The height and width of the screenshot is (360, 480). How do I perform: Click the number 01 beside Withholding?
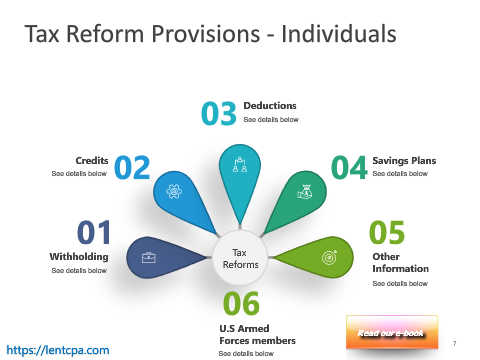[x=94, y=232]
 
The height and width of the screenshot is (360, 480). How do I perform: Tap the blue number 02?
[x=132, y=167]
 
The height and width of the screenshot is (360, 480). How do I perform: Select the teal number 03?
[x=219, y=113]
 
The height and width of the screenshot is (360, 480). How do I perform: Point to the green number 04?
[x=349, y=167]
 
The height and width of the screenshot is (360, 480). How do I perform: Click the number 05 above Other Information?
[x=387, y=232]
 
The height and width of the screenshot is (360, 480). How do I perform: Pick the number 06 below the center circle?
[x=241, y=303]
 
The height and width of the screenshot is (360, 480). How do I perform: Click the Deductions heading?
[x=270, y=106]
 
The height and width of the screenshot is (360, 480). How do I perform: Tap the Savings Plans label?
[x=404, y=161]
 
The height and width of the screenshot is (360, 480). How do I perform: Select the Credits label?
[x=92, y=161]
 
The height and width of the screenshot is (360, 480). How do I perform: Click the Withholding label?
[x=79, y=257]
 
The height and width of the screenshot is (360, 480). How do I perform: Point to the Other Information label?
[x=401, y=263]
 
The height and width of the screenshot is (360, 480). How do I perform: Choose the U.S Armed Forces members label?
[x=257, y=335]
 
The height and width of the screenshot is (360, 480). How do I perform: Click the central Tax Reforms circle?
[x=240, y=258]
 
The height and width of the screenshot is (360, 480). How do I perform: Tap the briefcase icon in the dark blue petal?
[x=148, y=258]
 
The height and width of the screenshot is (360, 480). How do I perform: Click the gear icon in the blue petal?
[x=174, y=191]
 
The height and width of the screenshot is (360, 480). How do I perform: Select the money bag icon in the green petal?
[x=305, y=192]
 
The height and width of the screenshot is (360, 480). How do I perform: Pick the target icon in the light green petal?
[x=329, y=257]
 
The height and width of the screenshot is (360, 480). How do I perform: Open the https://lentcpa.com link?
[x=58, y=350]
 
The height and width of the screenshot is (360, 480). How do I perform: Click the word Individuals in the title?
[x=339, y=34]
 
